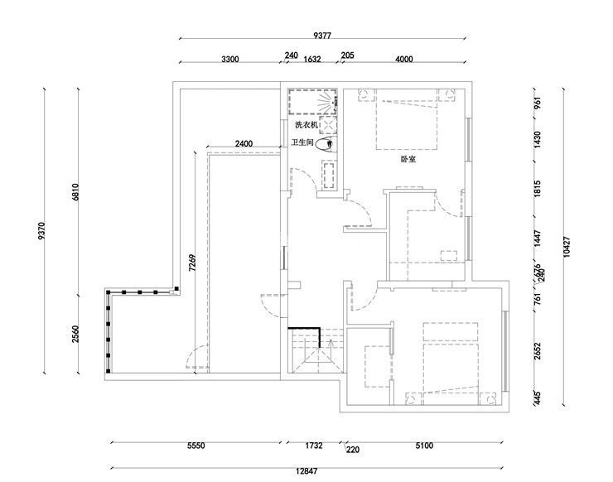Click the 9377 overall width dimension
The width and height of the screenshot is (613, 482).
click(x=322, y=36)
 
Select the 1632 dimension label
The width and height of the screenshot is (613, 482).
click(x=312, y=59)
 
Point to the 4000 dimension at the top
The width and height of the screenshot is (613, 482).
click(x=404, y=59)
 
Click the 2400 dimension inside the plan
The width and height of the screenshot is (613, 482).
click(x=244, y=144)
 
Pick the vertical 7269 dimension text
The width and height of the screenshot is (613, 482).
click(x=191, y=263)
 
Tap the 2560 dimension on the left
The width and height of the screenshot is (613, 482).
click(x=75, y=335)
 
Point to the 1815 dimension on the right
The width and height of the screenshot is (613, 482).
click(x=537, y=188)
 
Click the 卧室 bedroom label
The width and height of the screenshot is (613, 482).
click(x=408, y=159)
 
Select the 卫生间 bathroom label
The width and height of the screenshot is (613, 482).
click(x=302, y=143)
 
